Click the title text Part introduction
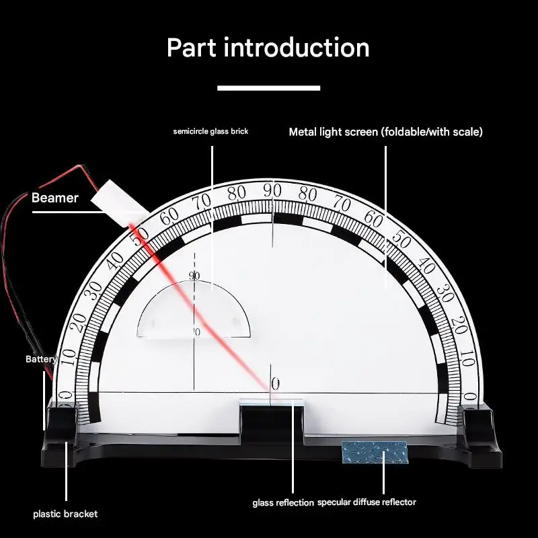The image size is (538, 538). click(x=268, y=48)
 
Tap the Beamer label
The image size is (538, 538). click(x=55, y=198)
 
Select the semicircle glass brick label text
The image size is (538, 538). click(x=210, y=131)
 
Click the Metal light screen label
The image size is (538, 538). click(x=385, y=132)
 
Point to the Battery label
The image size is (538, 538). click(x=41, y=359)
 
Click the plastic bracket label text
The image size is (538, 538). click(x=65, y=514)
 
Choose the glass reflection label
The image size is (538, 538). click(x=283, y=502)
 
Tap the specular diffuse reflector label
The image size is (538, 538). click(x=367, y=502)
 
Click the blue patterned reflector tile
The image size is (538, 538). click(x=374, y=452)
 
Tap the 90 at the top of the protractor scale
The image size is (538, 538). click(x=272, y=190)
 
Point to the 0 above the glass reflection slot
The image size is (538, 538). click(x=274, y=384)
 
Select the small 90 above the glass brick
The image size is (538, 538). click(x=194, y=275)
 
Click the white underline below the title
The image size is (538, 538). click(x=268, y=87)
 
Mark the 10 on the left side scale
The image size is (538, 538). click(x=67, y=354)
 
